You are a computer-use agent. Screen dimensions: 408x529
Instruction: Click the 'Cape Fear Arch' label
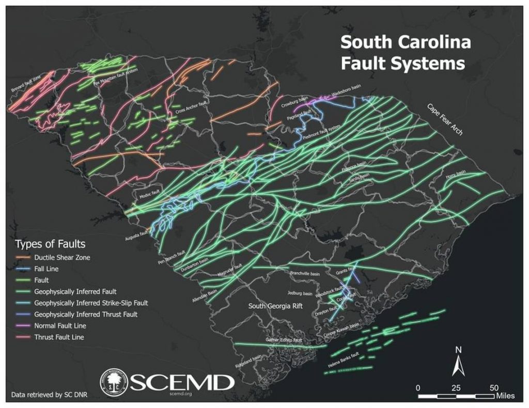pyautogui.click(x=445, y=119)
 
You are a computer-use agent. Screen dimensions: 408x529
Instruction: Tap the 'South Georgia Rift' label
pyautogui.click(x=278, y=306)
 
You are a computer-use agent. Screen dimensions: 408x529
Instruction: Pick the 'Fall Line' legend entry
pyautogui.click(x=46, y=269)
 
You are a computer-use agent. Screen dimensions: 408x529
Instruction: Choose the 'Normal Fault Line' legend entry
pyautogui.click(x=60, y=326)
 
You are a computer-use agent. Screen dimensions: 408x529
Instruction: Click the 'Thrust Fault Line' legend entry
pyautogui.click(x=59, y=337)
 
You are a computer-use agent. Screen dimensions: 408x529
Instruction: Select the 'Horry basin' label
pyautogui.click(x=455, y=177)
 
